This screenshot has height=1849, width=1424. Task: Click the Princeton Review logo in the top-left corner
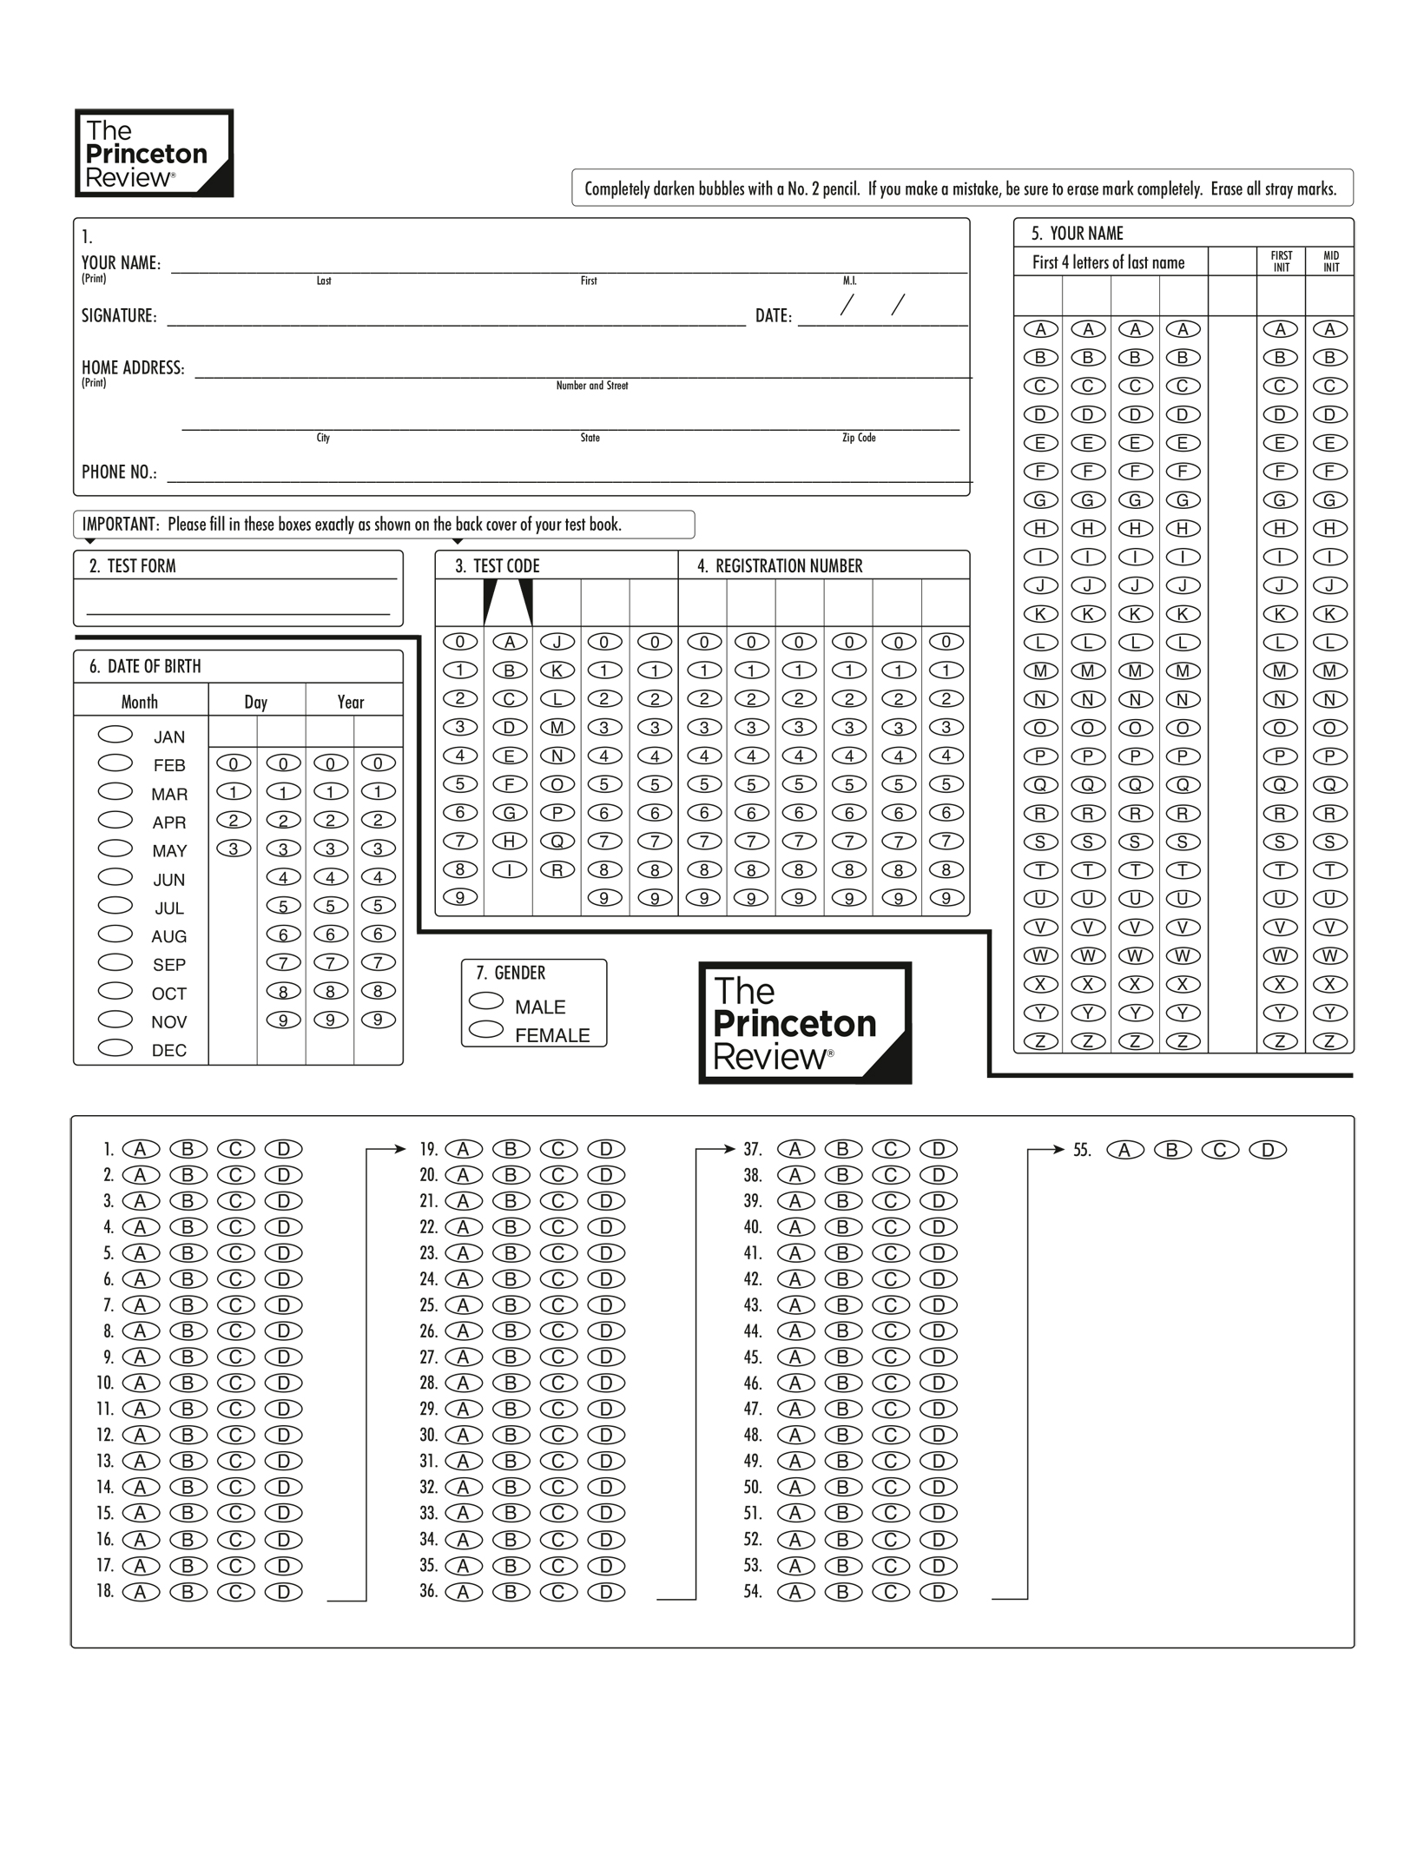pos(154,153)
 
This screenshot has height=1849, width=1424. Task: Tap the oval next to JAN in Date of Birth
pos(115,735)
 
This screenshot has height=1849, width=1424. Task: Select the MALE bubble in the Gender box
pos(486,1001)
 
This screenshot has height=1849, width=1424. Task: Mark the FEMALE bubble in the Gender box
pos(486,1030)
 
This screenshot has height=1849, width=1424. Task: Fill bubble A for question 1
pos(141,1149)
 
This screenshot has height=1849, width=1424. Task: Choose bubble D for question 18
pos(283,1592)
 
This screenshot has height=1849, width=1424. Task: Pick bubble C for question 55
pos(1220,1150)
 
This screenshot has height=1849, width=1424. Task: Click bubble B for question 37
pos(842,1149)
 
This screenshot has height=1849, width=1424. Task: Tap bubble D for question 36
pos(606,1592)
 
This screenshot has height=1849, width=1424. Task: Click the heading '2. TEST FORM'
pos(132,566)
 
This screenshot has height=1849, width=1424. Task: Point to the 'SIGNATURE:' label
pos(119,316)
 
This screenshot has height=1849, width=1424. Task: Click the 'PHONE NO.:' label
pos(119,472)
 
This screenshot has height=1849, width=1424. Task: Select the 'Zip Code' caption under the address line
pos(859,438)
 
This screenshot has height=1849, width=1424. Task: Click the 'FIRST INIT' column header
pos(1281,261)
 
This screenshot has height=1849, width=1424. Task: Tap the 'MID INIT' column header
pos(1330,261)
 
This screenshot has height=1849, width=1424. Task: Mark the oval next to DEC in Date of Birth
pos(115,1047)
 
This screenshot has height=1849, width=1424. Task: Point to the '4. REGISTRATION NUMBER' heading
pos(780,566)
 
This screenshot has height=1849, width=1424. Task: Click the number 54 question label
pos(752,1592)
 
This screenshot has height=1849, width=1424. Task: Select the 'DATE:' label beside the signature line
pos(773,316)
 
